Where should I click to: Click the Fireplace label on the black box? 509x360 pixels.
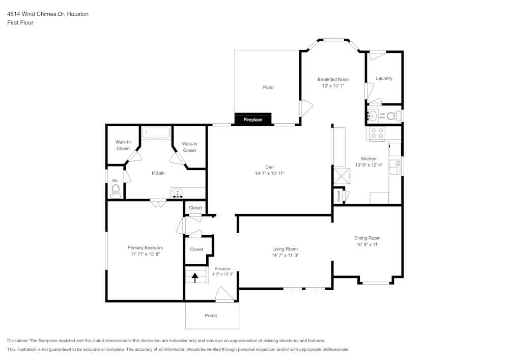252,120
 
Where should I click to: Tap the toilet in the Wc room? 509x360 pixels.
116,191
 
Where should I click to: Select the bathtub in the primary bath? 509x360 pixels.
156,133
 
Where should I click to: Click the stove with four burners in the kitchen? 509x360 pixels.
377,133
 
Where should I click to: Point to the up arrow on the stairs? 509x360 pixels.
194,278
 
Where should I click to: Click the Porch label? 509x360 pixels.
211,316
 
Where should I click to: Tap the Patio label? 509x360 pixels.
268,87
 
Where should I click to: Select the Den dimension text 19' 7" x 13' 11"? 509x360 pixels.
269,174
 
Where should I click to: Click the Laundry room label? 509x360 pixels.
384,78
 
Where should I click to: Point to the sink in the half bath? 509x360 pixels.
373,116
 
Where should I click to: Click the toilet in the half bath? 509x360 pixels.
391,116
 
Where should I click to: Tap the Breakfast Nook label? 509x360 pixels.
333,79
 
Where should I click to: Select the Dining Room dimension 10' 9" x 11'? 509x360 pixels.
367,244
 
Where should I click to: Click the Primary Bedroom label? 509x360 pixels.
145,247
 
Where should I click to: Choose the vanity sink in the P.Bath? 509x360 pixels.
178,193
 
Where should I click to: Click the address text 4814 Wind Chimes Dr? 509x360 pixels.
47,14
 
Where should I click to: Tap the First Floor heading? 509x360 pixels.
20,23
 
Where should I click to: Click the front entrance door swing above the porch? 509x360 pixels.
224,295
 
